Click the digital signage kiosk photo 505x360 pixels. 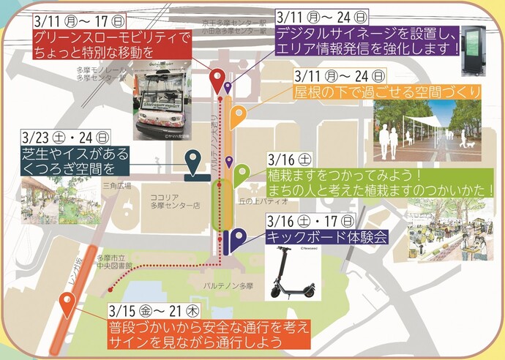click(x=474, y=50)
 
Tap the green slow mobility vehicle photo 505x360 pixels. click(x=163, y=103)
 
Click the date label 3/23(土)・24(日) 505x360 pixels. click(x=67, y=137)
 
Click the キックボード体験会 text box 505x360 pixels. click(x=325, y=237)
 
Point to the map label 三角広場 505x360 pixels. click(x=116, y=187)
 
